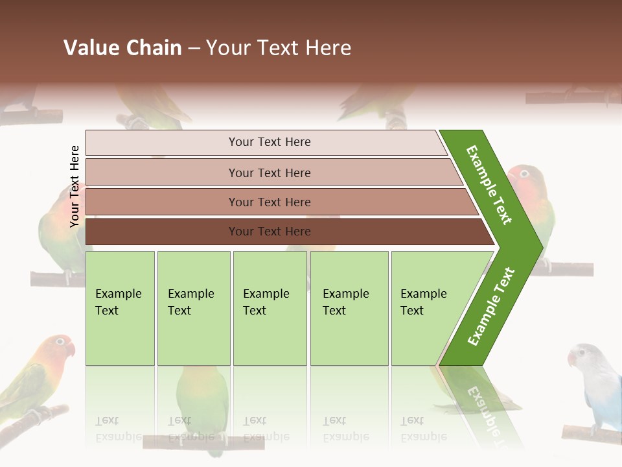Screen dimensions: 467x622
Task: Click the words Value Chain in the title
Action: [x=122, y=48]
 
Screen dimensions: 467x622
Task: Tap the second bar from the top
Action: [x=269, y=173]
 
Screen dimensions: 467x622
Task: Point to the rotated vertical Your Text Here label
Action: [x=75, y=186]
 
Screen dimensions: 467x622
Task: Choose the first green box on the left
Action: [x=120, y=308]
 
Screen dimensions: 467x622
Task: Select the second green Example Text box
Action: [x=193, y=308]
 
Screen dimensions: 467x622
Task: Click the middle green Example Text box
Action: [x=270, y=308]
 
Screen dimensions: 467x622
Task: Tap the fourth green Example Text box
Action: [x=349, y=308]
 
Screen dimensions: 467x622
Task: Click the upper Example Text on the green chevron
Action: [x=489, y=185]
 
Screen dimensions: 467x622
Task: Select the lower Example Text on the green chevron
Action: [x=490, y=307]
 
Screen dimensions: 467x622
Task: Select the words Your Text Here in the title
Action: [x=279, y=48]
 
